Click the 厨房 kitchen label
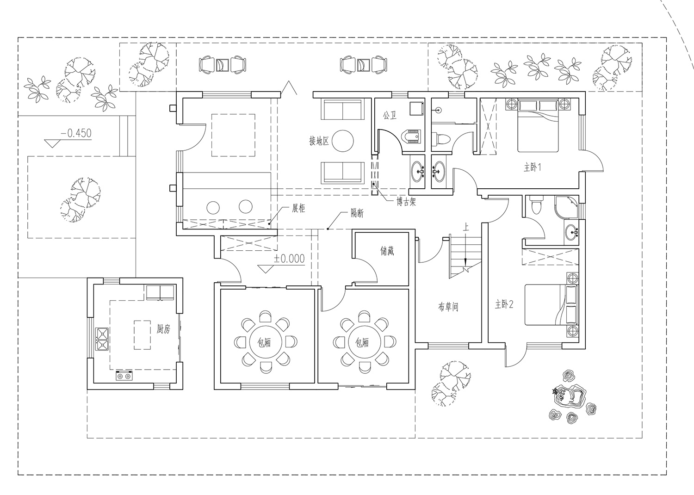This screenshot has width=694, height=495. pos(163,328)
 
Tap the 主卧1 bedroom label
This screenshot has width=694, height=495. pos(532,167)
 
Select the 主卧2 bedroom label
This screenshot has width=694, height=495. pos(504,304)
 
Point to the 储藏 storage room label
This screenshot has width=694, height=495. pos(387,251)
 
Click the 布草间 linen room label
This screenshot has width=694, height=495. pos(448,307)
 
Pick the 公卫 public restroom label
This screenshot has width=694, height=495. pos(390,116)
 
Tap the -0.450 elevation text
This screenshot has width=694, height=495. pos(76,133)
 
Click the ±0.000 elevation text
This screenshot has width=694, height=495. pos(289,259)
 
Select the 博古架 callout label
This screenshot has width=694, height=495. pos(406,202)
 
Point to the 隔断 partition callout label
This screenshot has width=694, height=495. pos(357,213)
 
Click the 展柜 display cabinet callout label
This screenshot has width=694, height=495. pos(299,208)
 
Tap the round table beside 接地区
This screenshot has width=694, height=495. pos(343,141)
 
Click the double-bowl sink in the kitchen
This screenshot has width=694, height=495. pos(102,339)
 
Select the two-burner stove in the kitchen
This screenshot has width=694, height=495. pos(124,376)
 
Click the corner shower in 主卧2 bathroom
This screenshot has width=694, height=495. pos(567,207)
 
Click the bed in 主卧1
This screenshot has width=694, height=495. pos(538,125)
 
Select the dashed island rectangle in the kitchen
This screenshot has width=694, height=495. pos(142,335)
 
